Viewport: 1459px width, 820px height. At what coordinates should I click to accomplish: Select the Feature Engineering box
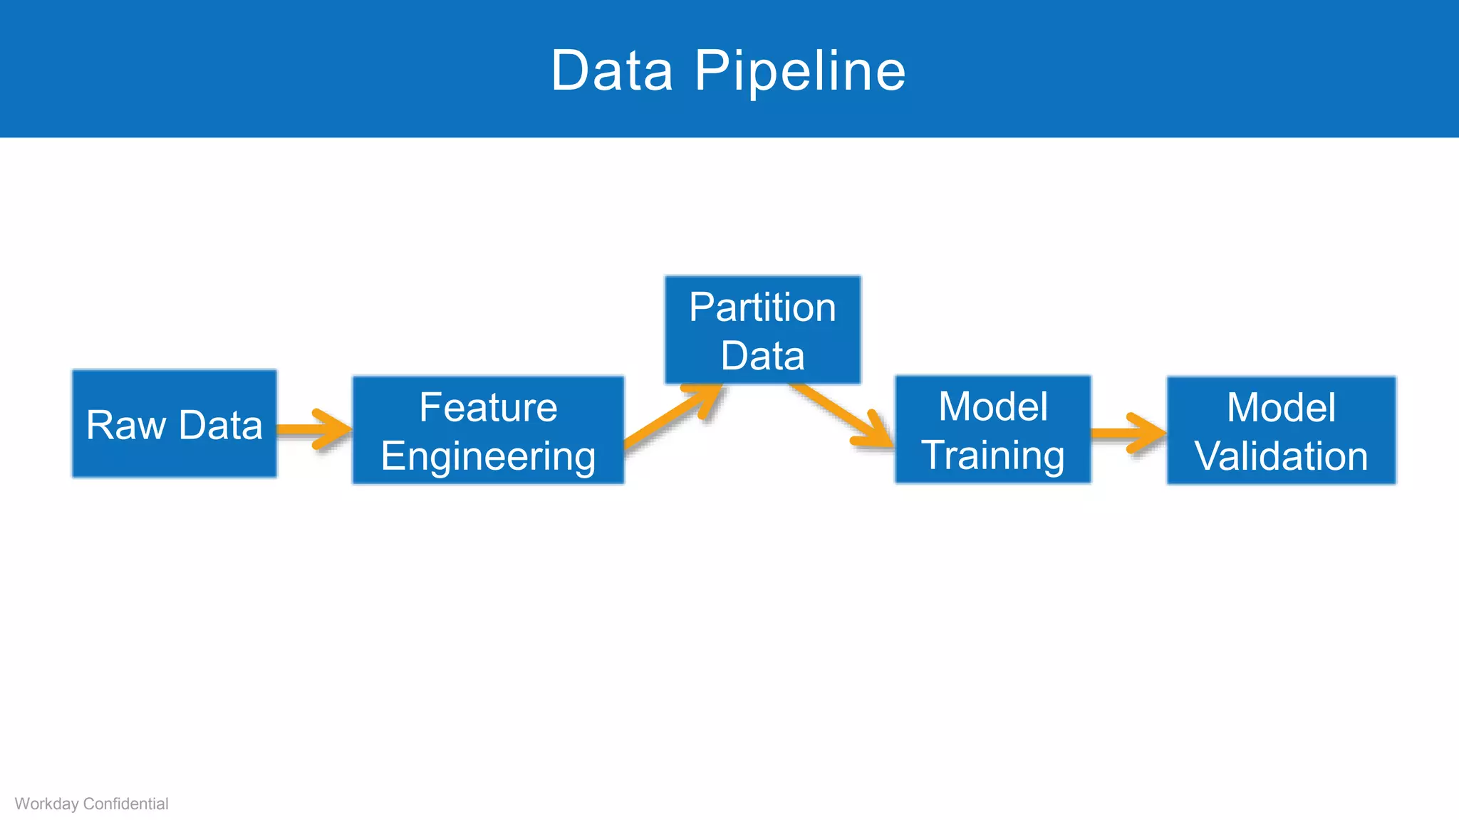click(x=488, y=431)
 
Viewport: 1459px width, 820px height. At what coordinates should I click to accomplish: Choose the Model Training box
click(x=992, y=430)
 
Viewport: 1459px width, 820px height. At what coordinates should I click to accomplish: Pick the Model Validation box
click(x=1281, y=431)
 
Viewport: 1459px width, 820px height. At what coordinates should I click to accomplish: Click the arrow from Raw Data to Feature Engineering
click(x=313, y=429)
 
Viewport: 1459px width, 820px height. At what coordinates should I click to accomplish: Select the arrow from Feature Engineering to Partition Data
click(x=673, y=416)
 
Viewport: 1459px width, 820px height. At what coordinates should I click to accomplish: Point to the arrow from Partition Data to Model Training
click(x=843, y=416)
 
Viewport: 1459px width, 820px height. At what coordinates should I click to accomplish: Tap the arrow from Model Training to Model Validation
click(x=1128, y=433)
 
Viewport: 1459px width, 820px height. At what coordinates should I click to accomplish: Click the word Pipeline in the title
click(x=799, y=71)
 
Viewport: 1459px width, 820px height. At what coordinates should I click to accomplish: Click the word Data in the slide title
click(x=612, y=71)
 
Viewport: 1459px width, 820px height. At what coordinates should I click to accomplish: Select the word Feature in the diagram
click(x=488, y=407)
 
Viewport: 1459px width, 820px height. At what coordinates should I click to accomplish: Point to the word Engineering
click(x=488, y=457)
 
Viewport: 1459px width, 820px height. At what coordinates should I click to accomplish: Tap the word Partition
click(x=762, y=307)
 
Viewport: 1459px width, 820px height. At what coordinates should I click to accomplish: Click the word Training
click(x=992, y=456)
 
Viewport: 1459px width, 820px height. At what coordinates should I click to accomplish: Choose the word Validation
click(x=1281, y=456)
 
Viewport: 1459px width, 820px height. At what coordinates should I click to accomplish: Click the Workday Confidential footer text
click(x=91, y=804)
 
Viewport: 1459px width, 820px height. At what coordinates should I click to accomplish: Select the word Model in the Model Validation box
click(x=1281, y=407)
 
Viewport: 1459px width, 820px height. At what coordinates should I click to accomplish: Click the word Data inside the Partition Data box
click(x=762, y=356)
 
